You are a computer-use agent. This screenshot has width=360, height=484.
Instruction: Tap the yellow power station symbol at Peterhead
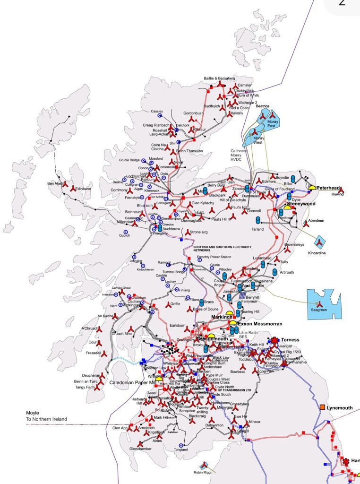click(x=312, y=187)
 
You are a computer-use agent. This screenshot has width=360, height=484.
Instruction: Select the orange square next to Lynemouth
click(x=322, y=407)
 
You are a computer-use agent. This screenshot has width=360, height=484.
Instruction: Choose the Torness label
click(x=290, y=340)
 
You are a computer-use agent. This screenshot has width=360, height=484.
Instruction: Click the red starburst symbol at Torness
click(x=275, y=340)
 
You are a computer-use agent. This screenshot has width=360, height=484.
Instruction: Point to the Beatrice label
click(x=262, y=106)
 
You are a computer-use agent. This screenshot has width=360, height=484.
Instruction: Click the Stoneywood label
click(x=301, y=204)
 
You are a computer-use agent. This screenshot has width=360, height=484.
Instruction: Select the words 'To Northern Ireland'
click(x=46, y=419)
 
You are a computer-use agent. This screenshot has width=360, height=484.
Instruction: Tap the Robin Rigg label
click(x=202, y=472)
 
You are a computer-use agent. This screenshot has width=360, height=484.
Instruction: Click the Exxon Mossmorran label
click(x=260, y=324)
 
